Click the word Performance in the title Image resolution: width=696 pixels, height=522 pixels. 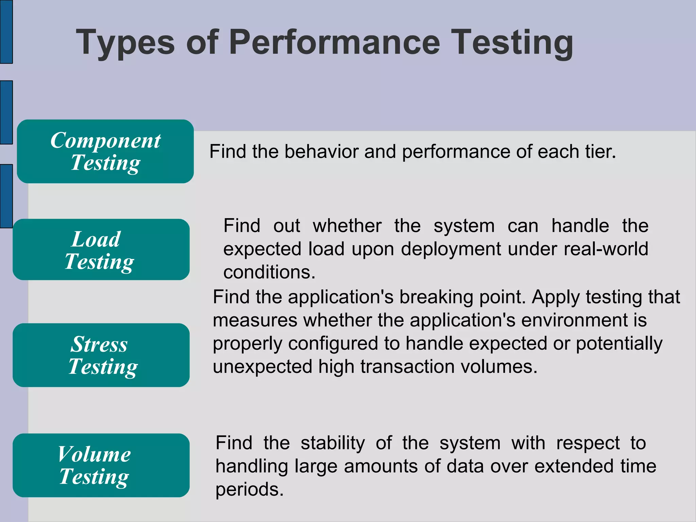[x=334, y=42]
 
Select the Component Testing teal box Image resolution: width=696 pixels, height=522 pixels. [x=105, y=151]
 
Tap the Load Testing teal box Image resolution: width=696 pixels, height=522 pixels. [x=101, y=249]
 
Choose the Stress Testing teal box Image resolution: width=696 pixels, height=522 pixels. [x=101, y=355]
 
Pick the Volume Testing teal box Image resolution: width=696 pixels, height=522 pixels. [x=101, y=465]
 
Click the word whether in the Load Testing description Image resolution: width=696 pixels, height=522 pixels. [x=347, y=226]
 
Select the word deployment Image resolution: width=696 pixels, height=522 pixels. [x=451, y=249]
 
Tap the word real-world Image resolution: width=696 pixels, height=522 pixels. [x=606, y=249]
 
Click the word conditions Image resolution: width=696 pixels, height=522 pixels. [x=269, y=272]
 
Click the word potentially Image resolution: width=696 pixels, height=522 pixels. [x=619, y=344]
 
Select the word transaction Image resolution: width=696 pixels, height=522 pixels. [x=407, y=367]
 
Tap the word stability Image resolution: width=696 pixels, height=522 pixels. [x=333, y=443]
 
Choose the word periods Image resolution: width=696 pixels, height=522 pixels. [x=249, y=490]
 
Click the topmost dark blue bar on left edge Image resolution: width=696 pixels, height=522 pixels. [x=6, y=32]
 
